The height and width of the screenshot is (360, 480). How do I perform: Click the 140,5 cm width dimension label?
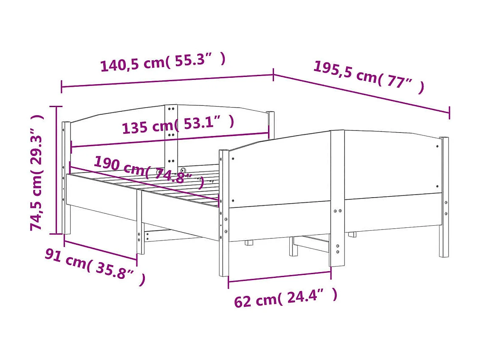[163, 63]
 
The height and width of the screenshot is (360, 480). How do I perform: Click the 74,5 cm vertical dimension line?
[56, 170]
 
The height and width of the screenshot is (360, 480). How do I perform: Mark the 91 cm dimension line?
[100, 250]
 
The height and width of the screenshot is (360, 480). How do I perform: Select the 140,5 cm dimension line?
[167, 81]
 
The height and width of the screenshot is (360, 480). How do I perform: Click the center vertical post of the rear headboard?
[171, 136]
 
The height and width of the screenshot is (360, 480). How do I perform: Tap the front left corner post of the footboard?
[224, 213]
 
